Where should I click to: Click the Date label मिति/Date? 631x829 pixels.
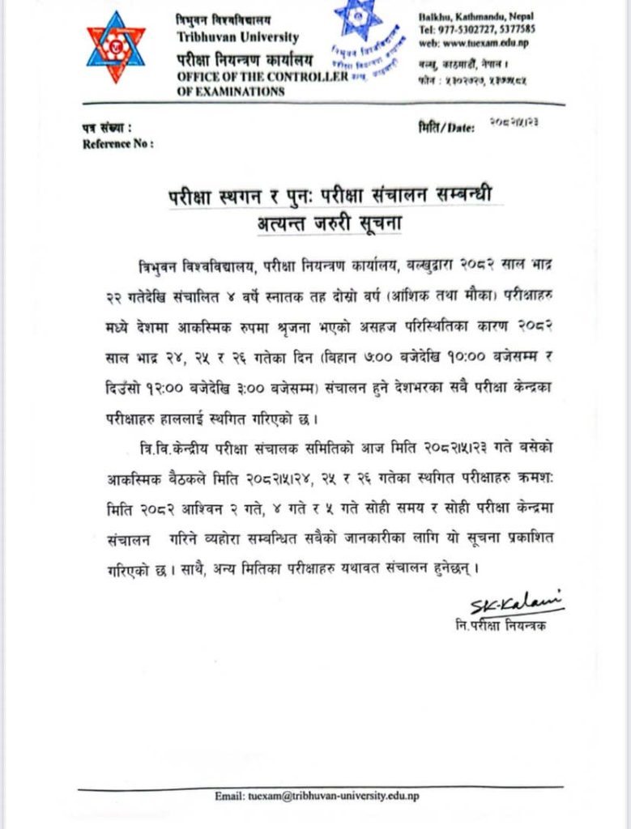coord(446,129)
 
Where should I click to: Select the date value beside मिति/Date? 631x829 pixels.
coord(515,121)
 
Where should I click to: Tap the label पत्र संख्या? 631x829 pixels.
coord(105,129)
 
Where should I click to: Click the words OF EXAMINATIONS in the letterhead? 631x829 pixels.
coord(231,91)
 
